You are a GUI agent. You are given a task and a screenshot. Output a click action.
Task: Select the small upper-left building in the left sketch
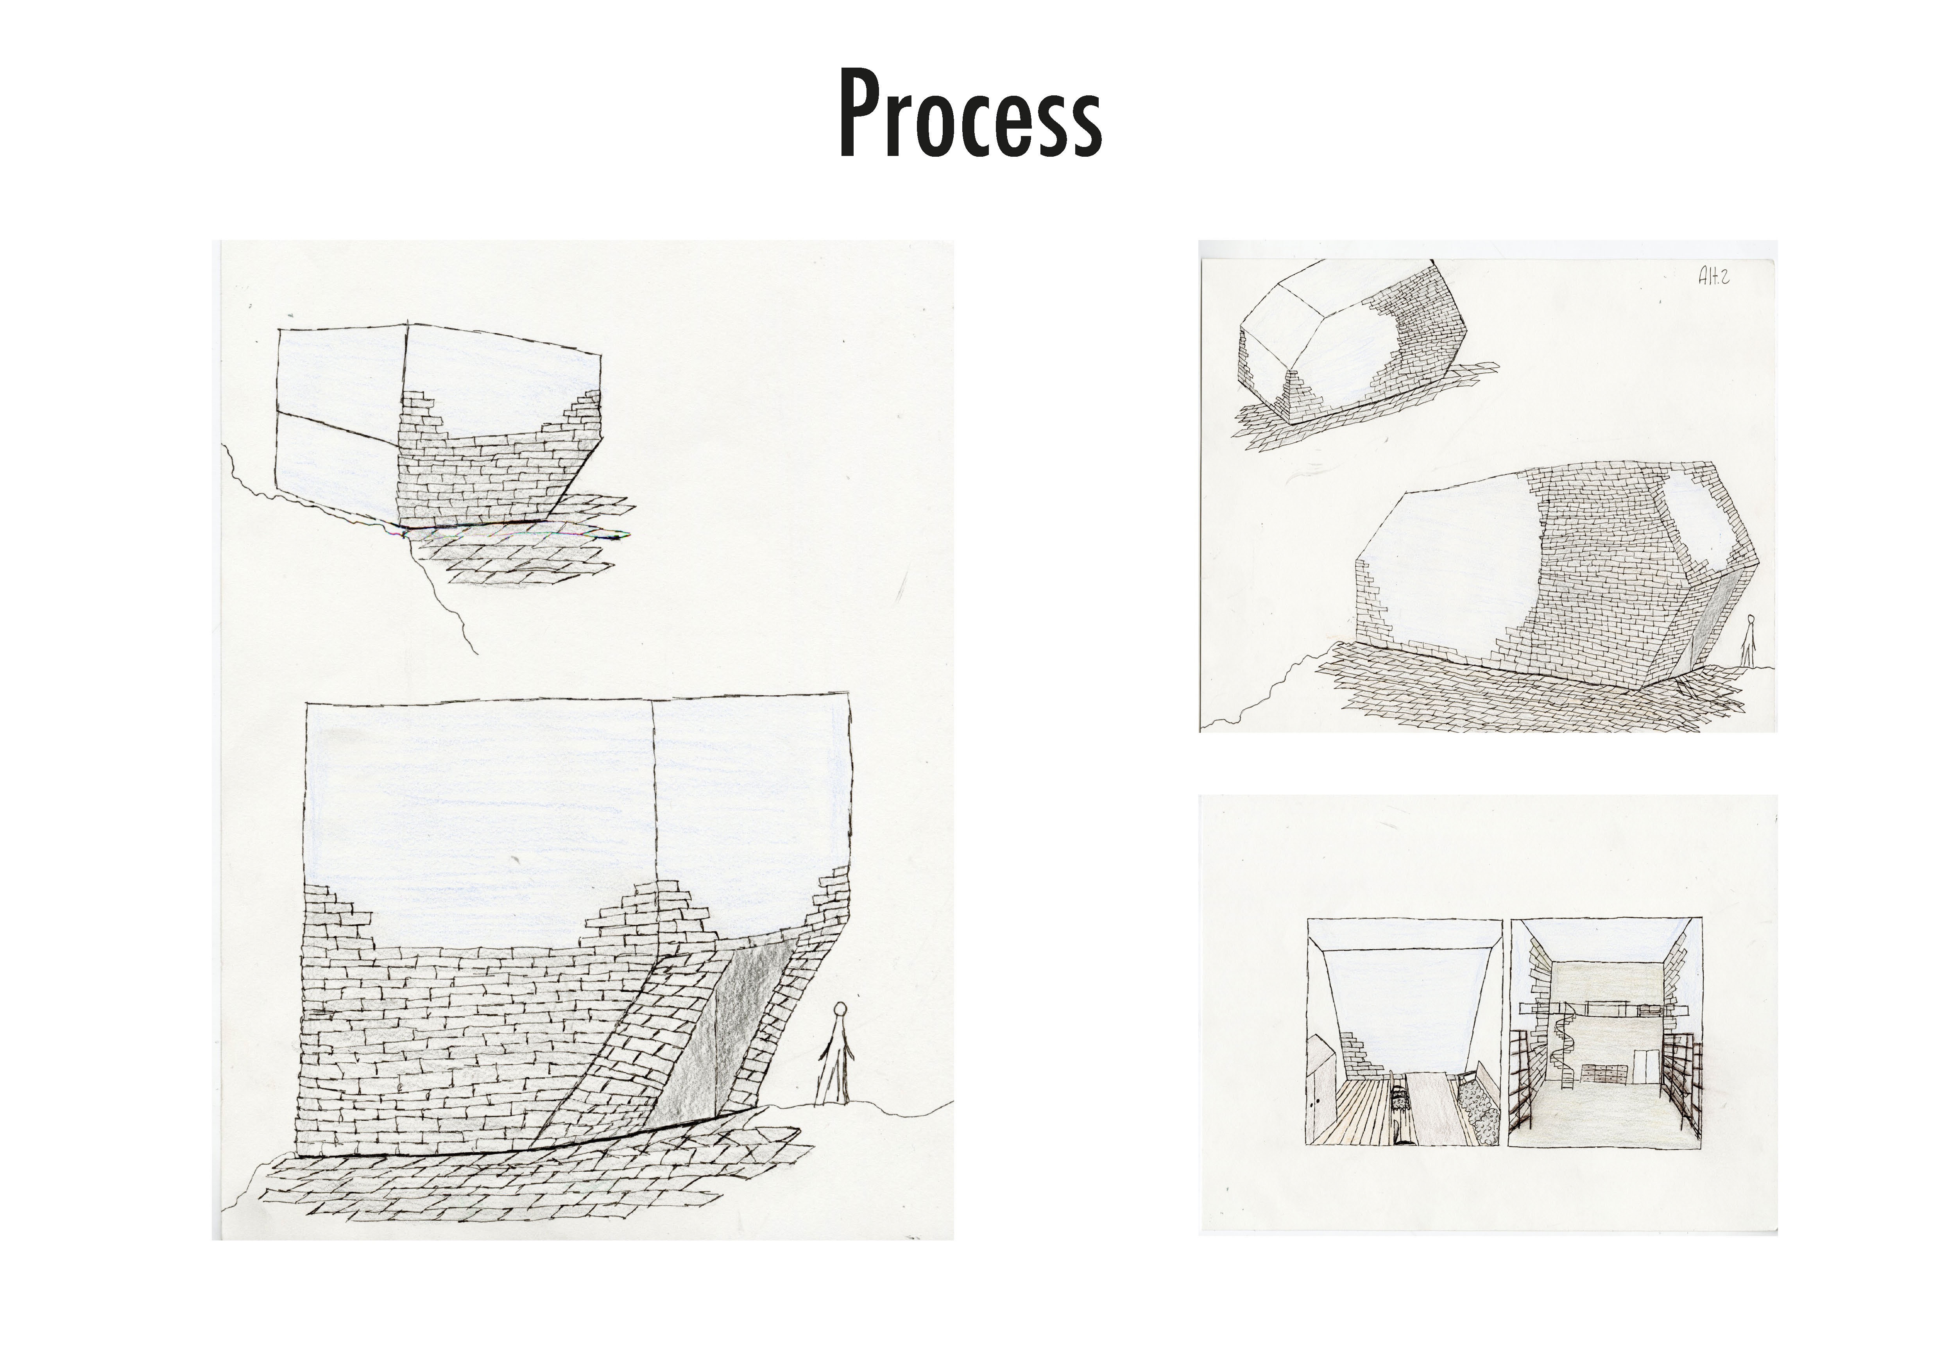click(439, 426)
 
